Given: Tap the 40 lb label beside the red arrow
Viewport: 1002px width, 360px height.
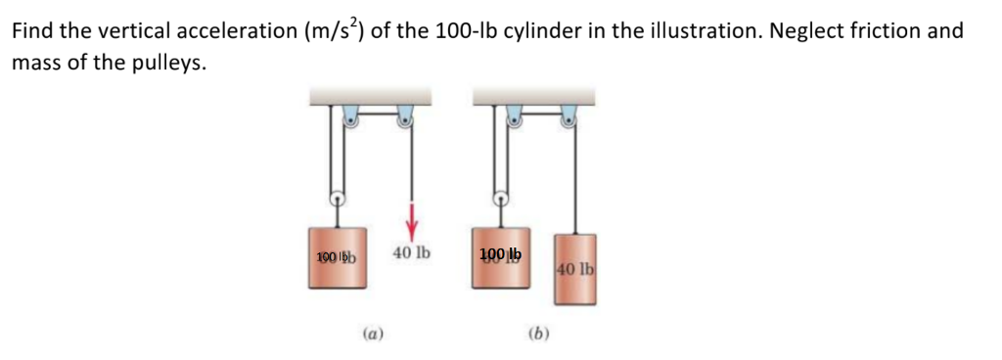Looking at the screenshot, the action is coord(411,252).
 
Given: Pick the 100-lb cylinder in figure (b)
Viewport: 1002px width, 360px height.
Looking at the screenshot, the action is coord(500,257).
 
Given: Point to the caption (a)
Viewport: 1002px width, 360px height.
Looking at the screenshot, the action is coord(372,333).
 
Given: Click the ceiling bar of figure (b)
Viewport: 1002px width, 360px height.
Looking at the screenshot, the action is coord(533,96).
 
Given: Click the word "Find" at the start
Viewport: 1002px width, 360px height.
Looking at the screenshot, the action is coord(32,30).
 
